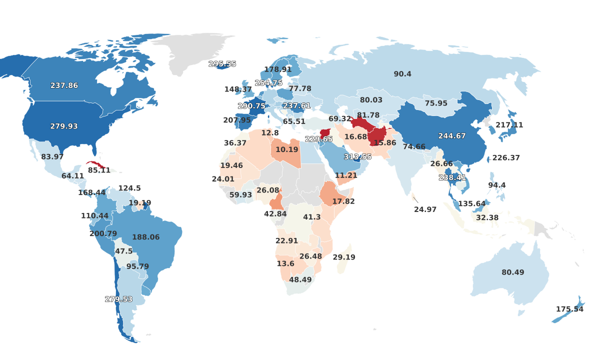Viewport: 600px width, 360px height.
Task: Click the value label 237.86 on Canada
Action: pyautogui.click(x=64, y=85)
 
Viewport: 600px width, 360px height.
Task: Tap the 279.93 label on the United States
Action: pyautogui.click(x=64, y=126)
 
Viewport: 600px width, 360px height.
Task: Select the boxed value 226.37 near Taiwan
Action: pyautogui.click(x=506, y=158)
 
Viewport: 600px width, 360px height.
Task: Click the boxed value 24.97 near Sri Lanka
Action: pyautogui.click(x=425, y=209)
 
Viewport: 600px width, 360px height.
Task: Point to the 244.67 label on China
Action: pyautogui.click(x=452, y=136)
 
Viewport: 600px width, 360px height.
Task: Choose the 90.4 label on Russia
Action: pyautogui.click(x=402, y=74)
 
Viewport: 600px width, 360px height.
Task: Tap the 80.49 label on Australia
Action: pyautogui.click(x=513, y=272)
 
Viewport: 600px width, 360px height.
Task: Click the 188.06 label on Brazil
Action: pyautogui.click(x=145, y=237)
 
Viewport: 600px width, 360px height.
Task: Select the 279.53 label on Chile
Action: pyautogui.click(x=118, y=299)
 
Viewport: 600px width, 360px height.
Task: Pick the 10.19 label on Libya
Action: pyautogui.click(x=287, y=149)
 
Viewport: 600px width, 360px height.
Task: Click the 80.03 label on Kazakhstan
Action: pyautogui.click(x=371, y=100)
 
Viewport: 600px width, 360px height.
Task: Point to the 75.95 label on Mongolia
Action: pyautogui.click(x=436, y=103)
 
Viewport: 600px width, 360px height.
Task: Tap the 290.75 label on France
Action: pyautogui.click(x=251, y=106)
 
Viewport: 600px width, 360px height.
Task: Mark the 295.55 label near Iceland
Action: pyautogui.click(x=222, y=64)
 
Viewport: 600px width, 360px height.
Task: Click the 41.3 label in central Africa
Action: pyautogui.click(x=312, y=217)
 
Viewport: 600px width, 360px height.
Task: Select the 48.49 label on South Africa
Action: pyautogui.click(x=300, y=280)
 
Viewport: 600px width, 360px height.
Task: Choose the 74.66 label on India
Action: pyautogui.click(x=414, y=146)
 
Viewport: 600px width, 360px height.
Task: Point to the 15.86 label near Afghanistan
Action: pyautogui.click(x=384, y=143)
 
